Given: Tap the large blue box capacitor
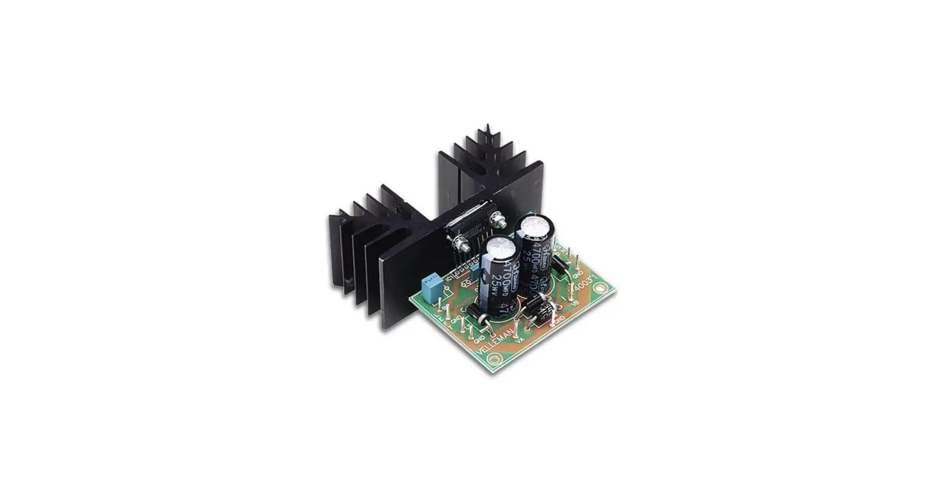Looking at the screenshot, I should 430,288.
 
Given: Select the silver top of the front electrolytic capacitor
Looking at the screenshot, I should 499,246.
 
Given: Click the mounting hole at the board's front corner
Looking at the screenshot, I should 493,359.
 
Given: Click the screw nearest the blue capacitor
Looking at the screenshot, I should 461,244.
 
